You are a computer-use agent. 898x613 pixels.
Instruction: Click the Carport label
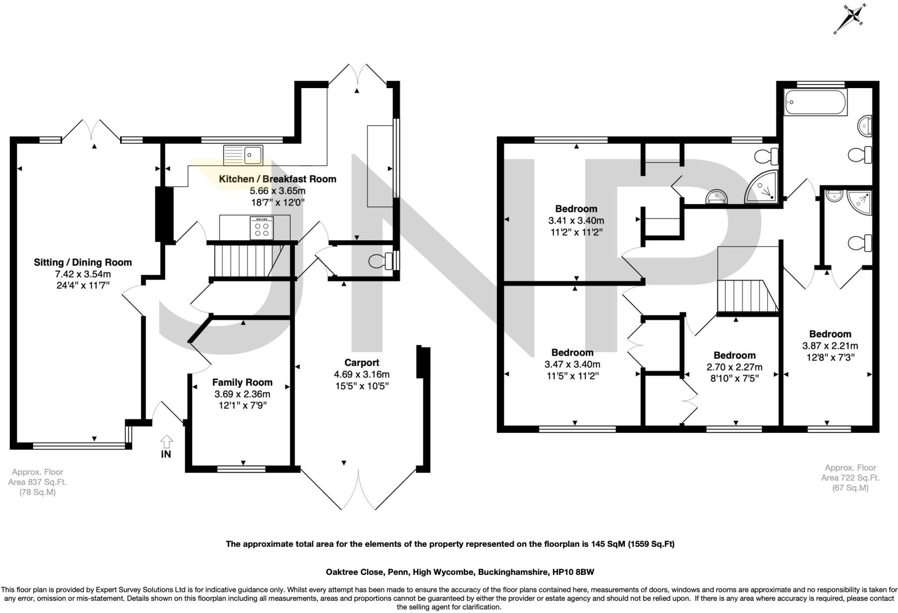361,363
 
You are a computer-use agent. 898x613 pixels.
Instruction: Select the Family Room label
242,382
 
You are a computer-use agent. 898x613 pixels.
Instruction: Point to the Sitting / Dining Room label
83,263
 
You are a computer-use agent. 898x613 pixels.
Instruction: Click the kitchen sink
243,155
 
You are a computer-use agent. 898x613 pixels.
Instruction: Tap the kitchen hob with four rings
261,228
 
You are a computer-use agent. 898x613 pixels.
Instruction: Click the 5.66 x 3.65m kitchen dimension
278,191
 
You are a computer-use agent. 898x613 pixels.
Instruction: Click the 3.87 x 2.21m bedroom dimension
830,346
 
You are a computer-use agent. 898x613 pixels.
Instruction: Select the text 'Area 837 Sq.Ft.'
37,482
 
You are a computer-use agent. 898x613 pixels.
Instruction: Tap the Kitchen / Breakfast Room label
277,179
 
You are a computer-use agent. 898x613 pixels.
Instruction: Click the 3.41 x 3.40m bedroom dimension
576,221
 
